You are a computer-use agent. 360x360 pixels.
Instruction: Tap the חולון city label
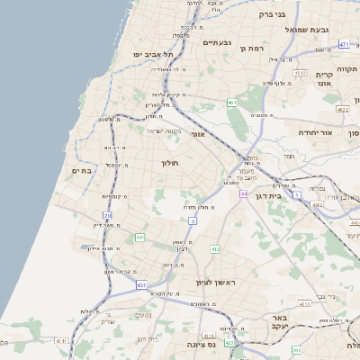coord(170,163)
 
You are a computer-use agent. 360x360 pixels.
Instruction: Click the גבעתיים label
coord(218,42)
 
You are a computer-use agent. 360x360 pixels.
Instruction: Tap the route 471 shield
coord(344,43)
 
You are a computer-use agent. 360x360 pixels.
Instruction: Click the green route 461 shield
coord(232,103)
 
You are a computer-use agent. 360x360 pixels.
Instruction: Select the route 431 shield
coord(142,284)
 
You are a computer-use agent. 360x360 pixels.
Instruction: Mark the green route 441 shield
coord(140,238)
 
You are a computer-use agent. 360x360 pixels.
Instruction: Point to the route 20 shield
coord(108,216)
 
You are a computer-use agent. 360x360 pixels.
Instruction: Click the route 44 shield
coord(243,193)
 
